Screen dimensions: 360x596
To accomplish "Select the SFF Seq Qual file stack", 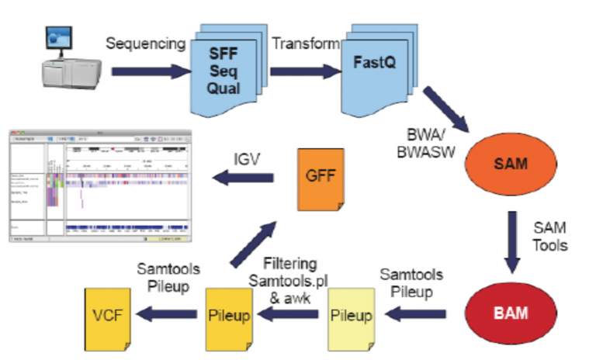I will (x=225, y=61).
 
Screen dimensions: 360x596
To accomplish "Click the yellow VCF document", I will (x=109, y=315).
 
